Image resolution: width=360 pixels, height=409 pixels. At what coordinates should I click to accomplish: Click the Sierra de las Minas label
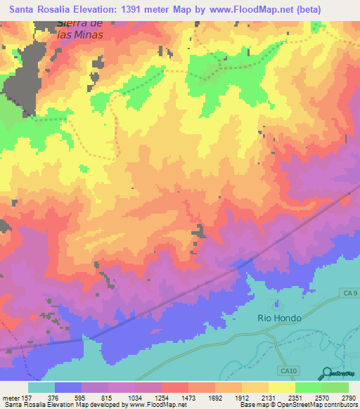[78, 29]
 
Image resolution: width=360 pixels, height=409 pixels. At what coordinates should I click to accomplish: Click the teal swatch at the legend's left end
[41, 387]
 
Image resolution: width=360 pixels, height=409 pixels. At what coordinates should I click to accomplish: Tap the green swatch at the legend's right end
[335, 387]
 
